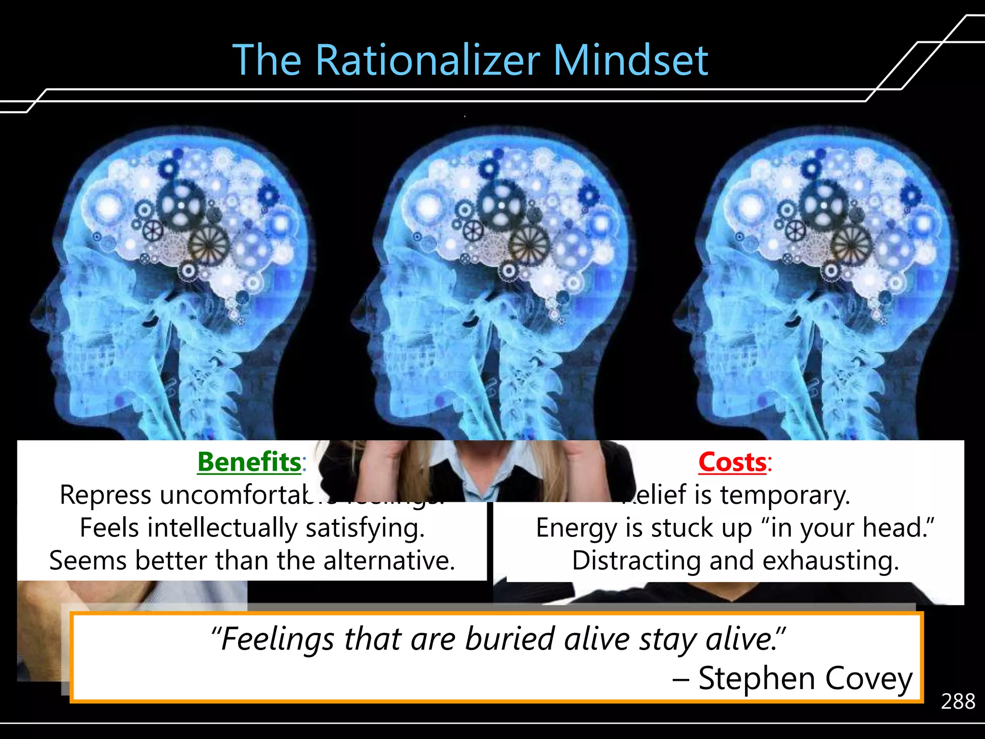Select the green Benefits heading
coord(249,462)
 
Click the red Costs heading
coord(732,462)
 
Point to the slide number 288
coord(958,701)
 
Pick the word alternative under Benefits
coord(389,561)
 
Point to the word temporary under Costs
coord(785,496)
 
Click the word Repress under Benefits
coord(106,495)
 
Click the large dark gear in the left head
coord(181,206)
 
